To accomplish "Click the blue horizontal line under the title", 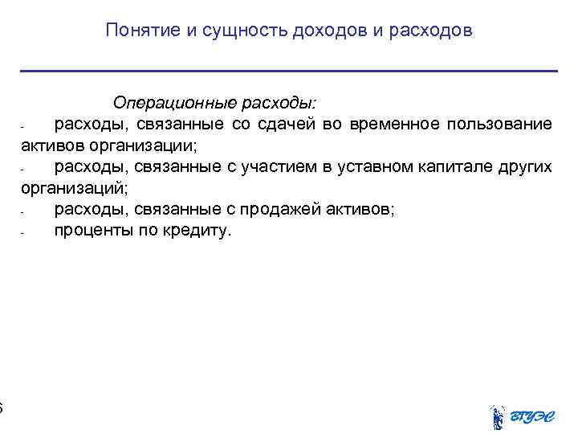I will [289, 72].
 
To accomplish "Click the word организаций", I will [71, 189].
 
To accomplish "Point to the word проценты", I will [92, 231].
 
